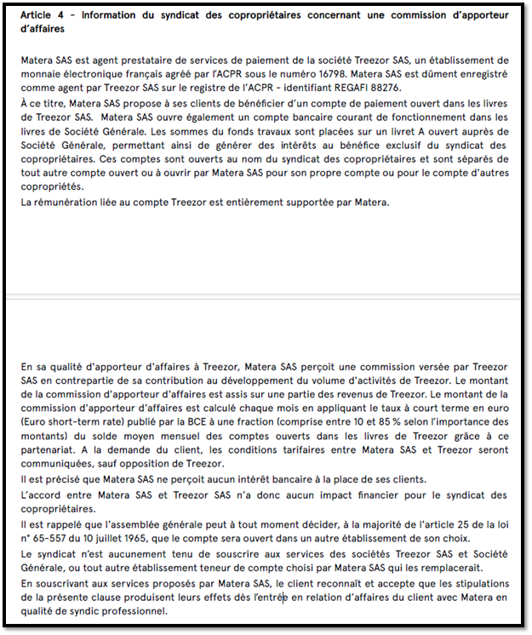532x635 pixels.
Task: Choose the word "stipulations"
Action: (x=480, y=582)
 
